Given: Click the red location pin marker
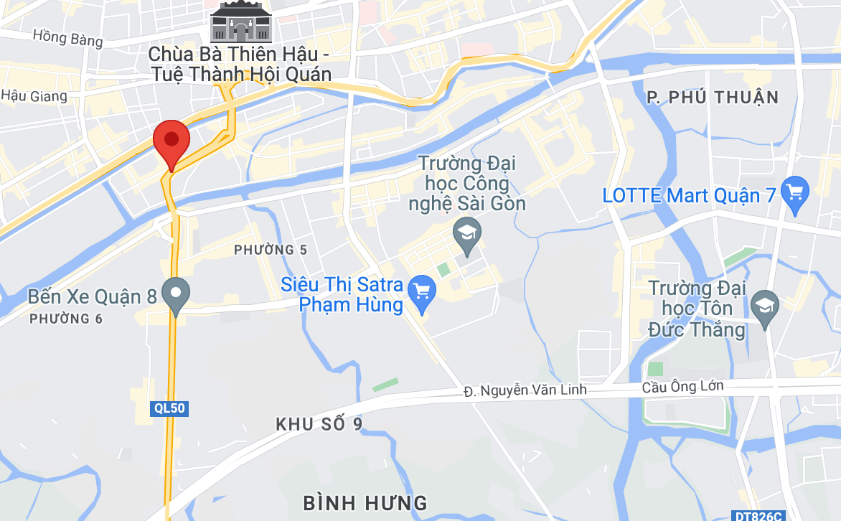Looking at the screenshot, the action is (x=172, y=141).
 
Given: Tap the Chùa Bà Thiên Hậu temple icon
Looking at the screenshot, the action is (x=240, y=22).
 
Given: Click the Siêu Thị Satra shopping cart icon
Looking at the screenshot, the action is (x=421, y=293).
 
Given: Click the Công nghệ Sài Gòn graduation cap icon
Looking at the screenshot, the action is (x=468, y=233).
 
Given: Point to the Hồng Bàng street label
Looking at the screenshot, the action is (x=68, y=37).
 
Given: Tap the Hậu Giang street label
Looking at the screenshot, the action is (x=34, y=95).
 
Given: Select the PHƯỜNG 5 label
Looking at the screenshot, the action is (x=271, y=250).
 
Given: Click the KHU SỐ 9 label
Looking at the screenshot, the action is (x=319, y=424).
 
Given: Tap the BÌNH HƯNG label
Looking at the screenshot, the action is (x=365, y=502).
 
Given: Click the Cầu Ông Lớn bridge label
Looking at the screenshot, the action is (x=682, y=386).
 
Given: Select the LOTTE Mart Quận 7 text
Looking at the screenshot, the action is (x=690, y=195).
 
